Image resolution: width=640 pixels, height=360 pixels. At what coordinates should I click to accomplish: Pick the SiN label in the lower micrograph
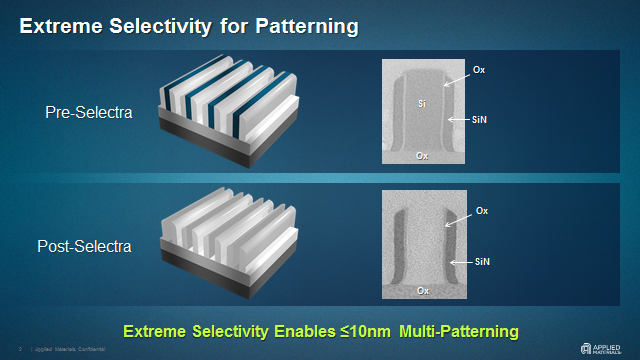[482, 261]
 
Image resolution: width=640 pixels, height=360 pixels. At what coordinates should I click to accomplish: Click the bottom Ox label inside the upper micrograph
[423, 156]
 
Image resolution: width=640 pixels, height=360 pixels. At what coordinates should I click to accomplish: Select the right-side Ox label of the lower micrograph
[482, 210]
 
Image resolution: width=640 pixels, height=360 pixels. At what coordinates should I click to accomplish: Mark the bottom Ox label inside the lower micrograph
[423, 291]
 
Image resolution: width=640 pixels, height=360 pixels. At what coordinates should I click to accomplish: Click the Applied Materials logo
[607, 349]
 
